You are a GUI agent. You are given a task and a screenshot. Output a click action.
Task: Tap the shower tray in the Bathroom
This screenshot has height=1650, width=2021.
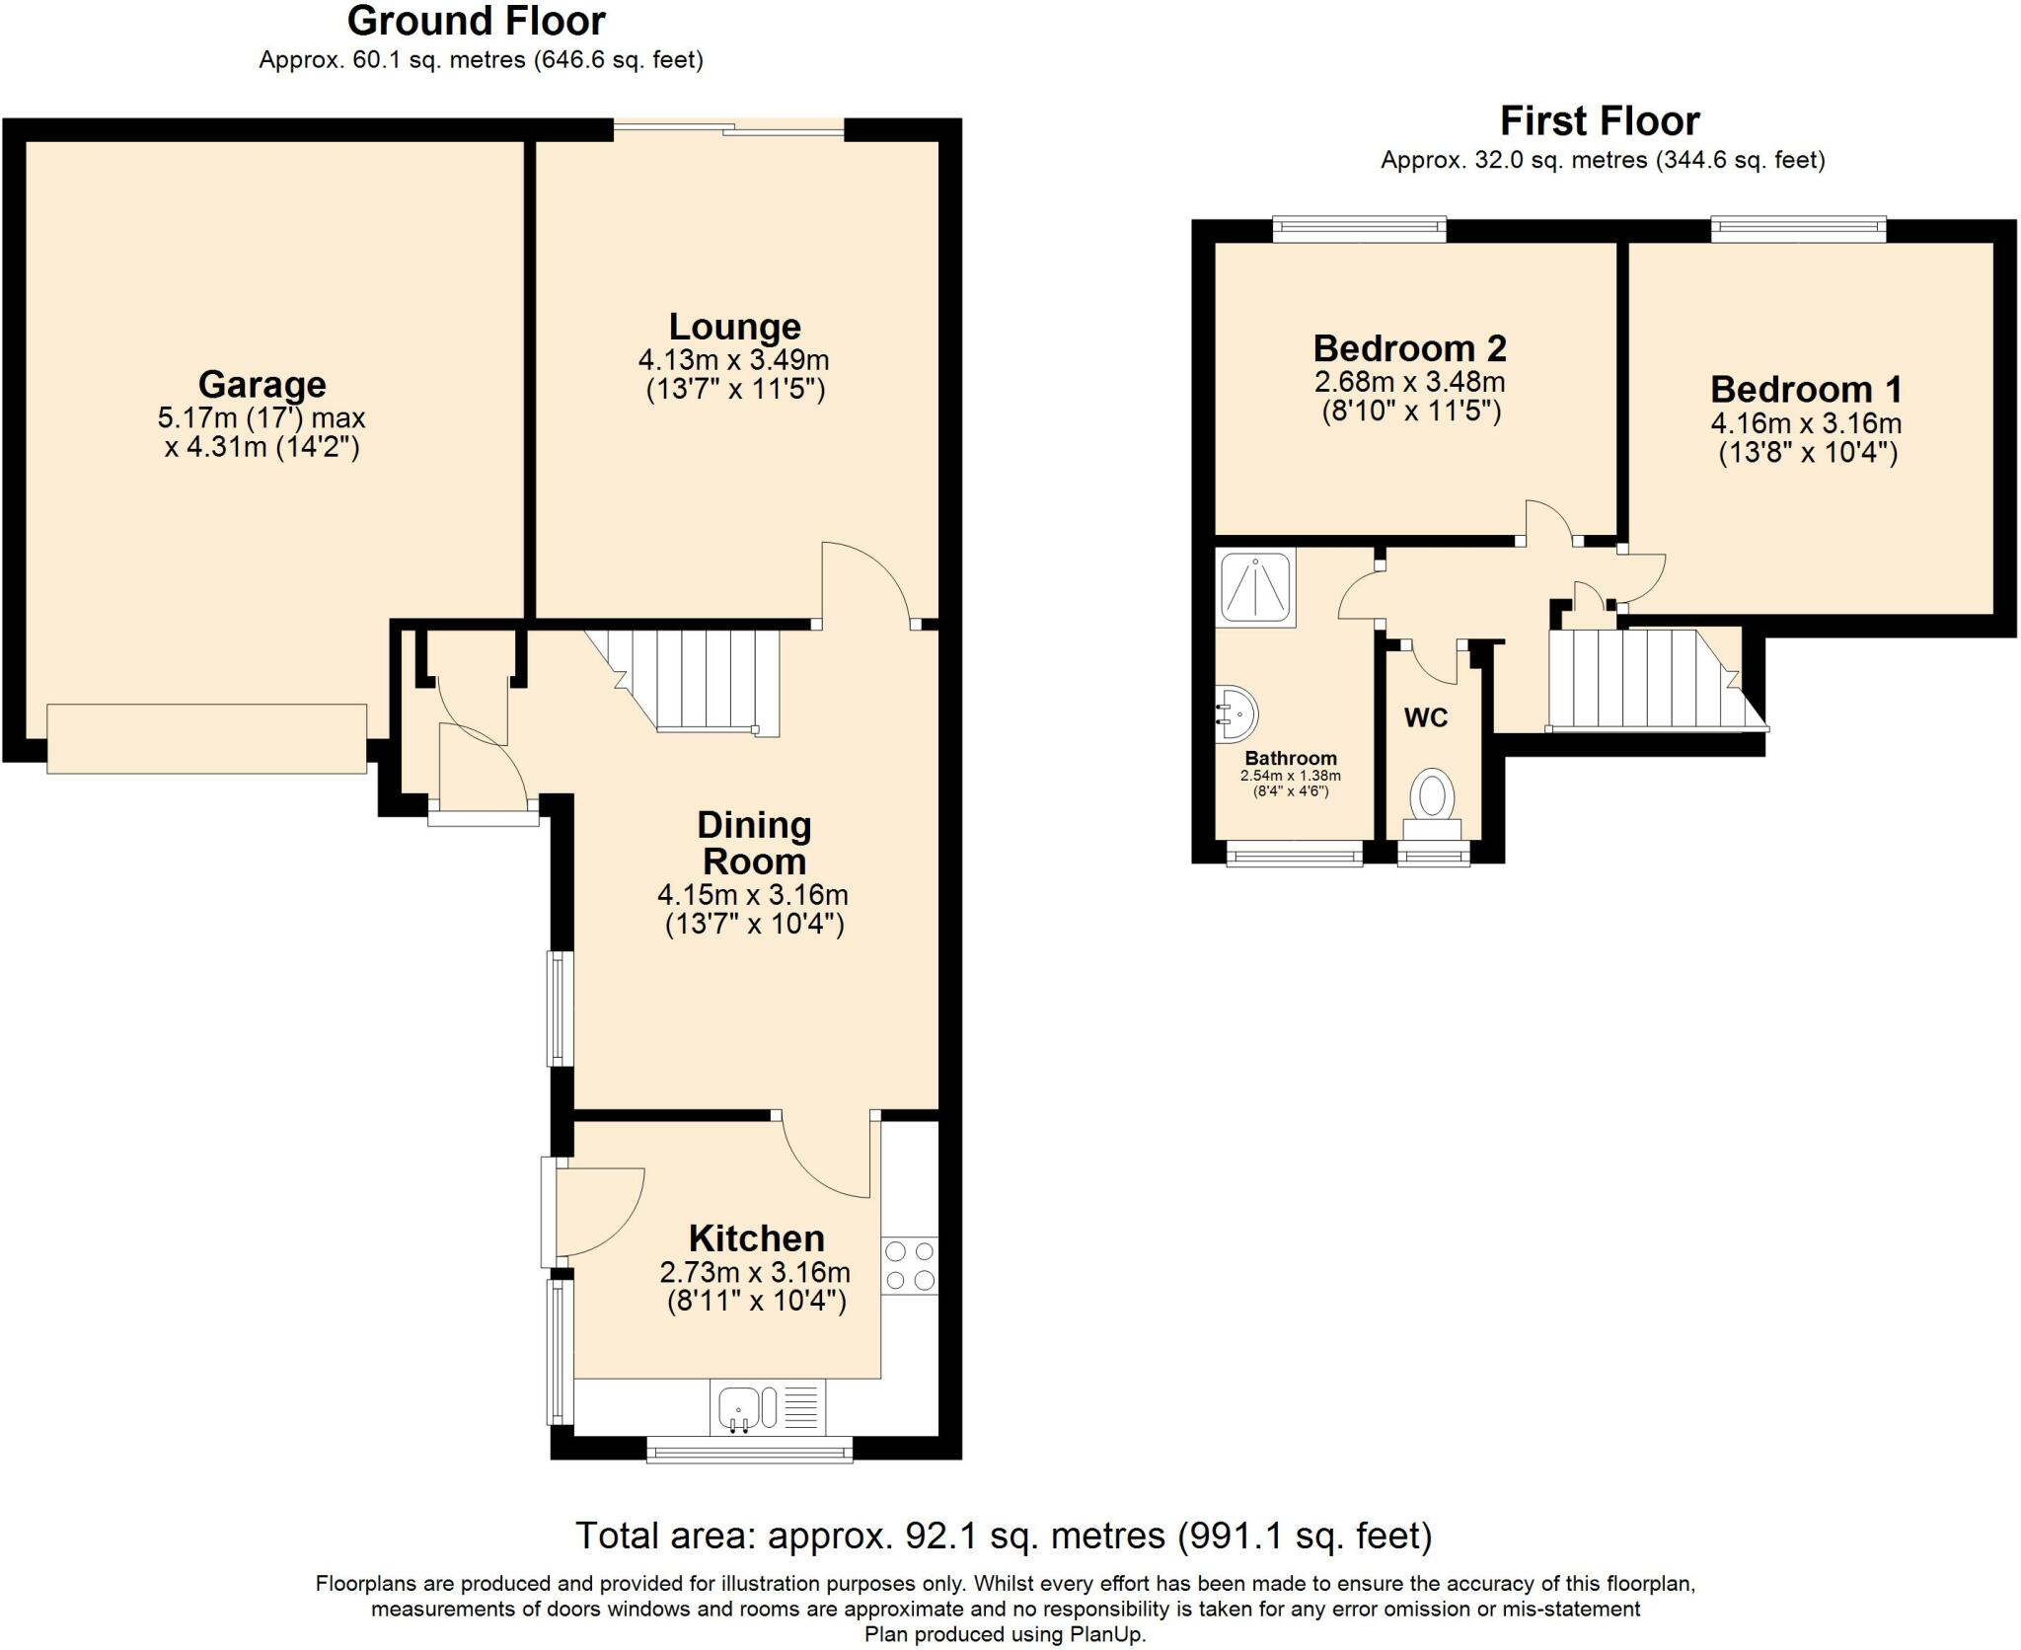point(1255,589)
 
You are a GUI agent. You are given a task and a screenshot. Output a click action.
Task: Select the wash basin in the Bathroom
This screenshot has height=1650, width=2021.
point(1235,713)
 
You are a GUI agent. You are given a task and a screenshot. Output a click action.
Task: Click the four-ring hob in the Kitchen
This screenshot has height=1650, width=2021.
point(909,1266)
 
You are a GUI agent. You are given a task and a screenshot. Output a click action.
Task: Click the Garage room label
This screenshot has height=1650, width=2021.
point(262,384)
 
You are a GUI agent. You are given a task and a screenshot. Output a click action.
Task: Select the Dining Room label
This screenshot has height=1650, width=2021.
point(754,843)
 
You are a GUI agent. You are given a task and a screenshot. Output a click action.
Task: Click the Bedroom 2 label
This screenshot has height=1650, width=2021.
point(1409,348)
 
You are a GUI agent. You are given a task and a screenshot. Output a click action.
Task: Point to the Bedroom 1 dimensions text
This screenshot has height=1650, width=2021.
point(1805,424)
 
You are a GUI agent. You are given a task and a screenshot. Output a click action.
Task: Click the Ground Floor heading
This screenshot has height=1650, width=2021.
point(476,21)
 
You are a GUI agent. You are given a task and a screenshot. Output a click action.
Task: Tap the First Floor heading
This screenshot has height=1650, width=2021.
point(1600,121)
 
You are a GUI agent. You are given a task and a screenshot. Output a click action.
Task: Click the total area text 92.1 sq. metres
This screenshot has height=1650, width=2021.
point(1003,1536)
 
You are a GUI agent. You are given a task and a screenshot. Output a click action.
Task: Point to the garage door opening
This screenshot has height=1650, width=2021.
point(206,738)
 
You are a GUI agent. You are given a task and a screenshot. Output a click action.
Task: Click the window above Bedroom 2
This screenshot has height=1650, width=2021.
point(1359,230)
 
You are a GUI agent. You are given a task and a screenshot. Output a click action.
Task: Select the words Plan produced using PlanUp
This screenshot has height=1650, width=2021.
point(1005,1634)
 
